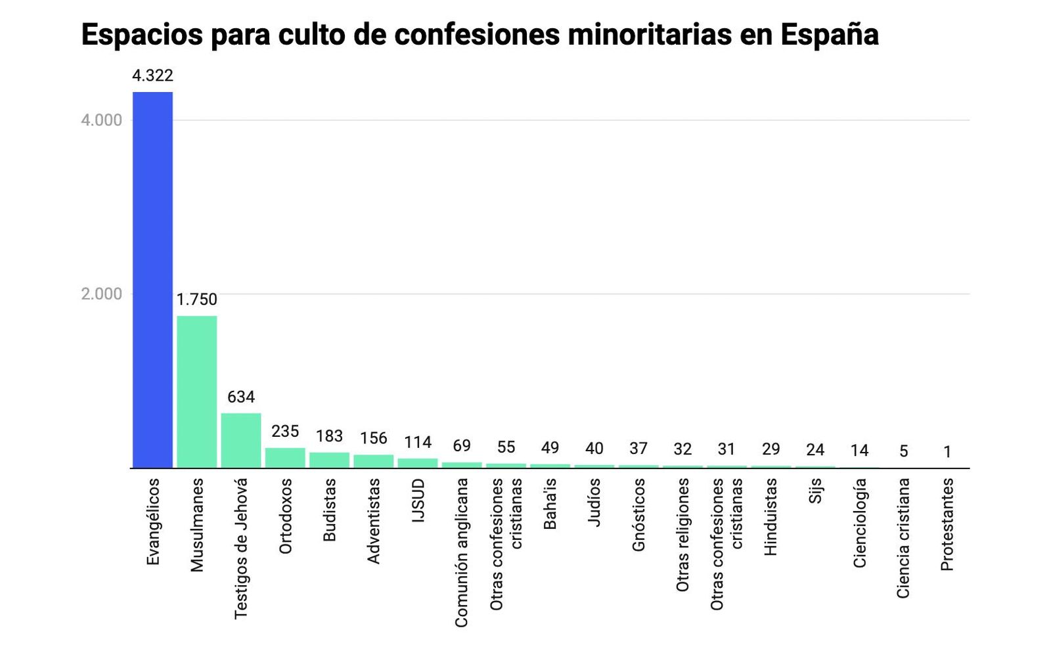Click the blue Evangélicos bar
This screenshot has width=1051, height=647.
(152, 280)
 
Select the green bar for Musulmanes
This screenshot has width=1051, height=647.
(196, 391)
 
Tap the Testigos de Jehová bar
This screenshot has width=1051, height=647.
(240, 440)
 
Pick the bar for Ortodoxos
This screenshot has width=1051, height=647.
(285, 458)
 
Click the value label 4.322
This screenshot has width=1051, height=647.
(152, 76)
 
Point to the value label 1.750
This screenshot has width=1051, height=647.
(196, 300)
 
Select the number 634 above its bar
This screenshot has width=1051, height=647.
(240, 397)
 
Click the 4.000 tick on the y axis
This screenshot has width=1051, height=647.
(101, 120)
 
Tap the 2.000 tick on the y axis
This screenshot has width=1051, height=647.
(101, 294)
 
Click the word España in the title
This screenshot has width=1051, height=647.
(829, 34)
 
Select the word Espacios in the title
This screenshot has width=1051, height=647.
(142, 34)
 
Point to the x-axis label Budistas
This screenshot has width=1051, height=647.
(330, 510)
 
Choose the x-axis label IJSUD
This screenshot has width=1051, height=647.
(418, 501)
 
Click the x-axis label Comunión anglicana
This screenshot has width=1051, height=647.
(462, 552)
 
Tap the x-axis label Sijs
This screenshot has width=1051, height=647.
(815, 491)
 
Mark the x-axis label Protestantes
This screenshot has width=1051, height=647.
(947, 524)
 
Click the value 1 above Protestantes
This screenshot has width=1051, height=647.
(947, 452)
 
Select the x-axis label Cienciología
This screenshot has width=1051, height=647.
(860, 523)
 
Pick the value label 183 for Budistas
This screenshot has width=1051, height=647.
(329, 436)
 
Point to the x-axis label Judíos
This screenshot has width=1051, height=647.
(594, 502)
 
